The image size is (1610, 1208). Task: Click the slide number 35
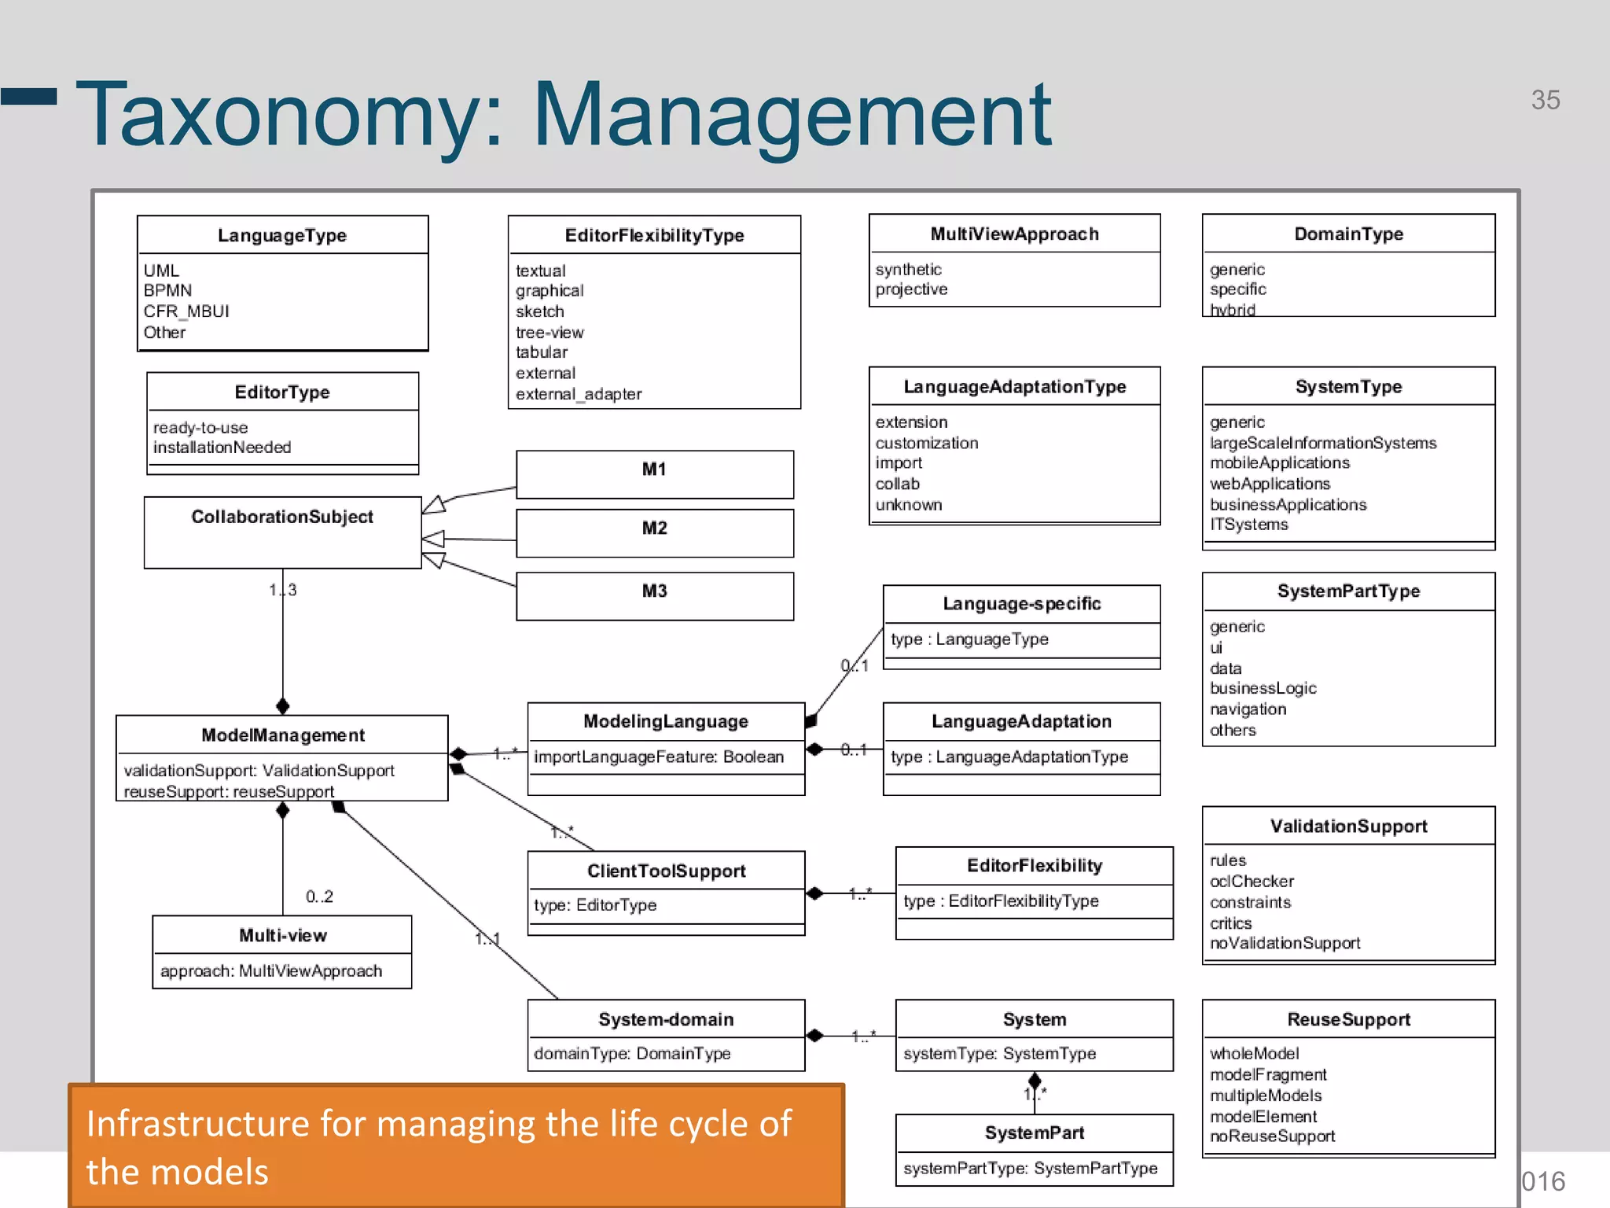pyautogui.click(x=1545, y=100)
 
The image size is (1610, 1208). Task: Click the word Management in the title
pyautogui.click(x=792, y=115)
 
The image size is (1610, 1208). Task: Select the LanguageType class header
pyautogui.click(x=281, y=235)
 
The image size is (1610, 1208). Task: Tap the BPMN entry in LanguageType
pyautogui.click(x=167, y=290)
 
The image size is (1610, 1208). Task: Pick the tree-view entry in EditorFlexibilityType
pyautogui.click(x=550, y=332)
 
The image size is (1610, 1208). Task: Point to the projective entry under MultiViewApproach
pyautogui.click(x=911, y=289)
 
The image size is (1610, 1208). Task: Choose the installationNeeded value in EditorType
pyautogui.click(x=222, y=447)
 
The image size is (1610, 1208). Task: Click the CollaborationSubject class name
pyautogui.click(x=282, y=517)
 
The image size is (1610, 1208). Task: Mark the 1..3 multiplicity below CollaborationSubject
pyautogui.click(x=283, y=590)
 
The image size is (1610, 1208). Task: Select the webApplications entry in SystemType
pyautogui.click(x=1270, y=484)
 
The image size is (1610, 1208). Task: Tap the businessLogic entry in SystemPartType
pyautogui.click(x=1263, y=688)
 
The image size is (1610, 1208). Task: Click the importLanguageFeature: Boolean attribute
pyautogui.click(x=659, y=757)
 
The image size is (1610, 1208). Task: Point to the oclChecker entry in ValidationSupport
pyautogui.click(x=1252, y=882)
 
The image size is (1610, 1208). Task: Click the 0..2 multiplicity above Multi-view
pyautogui.click(x=319, y=897)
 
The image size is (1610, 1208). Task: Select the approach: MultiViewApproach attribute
pyautogui.click(x=271, y=971)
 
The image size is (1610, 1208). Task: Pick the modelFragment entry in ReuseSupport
pyautogui.click(x=1268, y=1074)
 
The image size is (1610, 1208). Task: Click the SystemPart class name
pyautogui.click(x=1034, y=1132)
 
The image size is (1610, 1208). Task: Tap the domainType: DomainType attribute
pyautogui.click(x=632, y=1054)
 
